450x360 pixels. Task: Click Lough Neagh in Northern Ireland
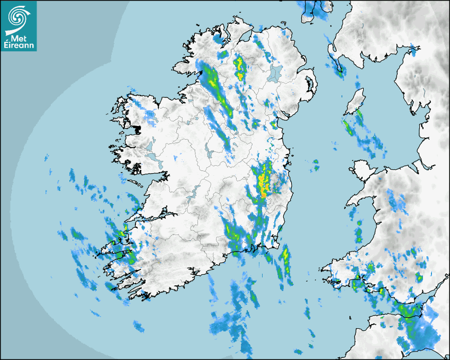click(274, 73)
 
